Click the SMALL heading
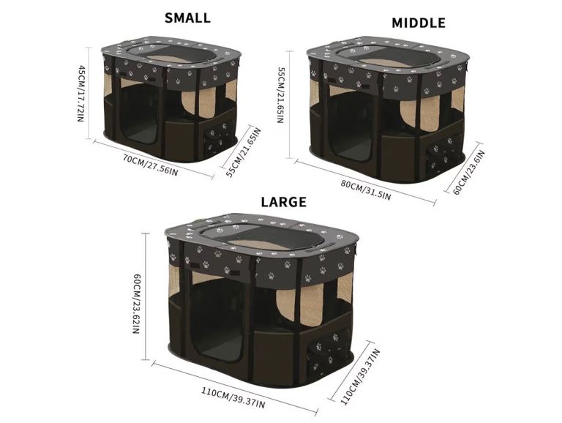[x=187, y=18]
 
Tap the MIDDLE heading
[x=419, y=23]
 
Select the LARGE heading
[x=283, y=202]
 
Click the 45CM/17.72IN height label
[x=81, y=93]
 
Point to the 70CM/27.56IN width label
[x=150, y=165]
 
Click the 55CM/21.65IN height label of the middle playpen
[x=281, y=95]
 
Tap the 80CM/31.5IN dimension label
[x=366, y=190]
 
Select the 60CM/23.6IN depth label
[x=469, y=173]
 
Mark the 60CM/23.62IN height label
[x=137, y=304]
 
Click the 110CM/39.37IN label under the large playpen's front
[x=233, y=397]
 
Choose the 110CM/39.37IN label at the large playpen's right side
[x=360, y=377]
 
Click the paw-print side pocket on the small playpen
[x=217, y=138]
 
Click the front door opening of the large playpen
[x=219, y=321]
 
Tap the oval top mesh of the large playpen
[x=261, y=236]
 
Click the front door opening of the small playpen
[x=139, y=114]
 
